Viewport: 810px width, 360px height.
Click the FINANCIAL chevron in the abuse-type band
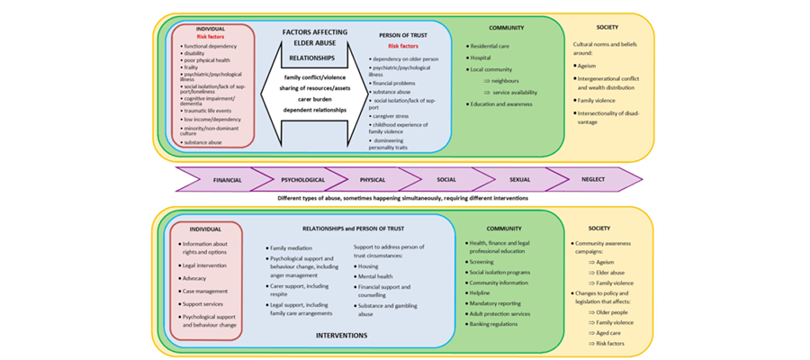(x=227, y=180)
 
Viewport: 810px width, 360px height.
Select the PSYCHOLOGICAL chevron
(x=302, y=180)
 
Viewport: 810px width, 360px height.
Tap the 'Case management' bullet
(x=208, y=291)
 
